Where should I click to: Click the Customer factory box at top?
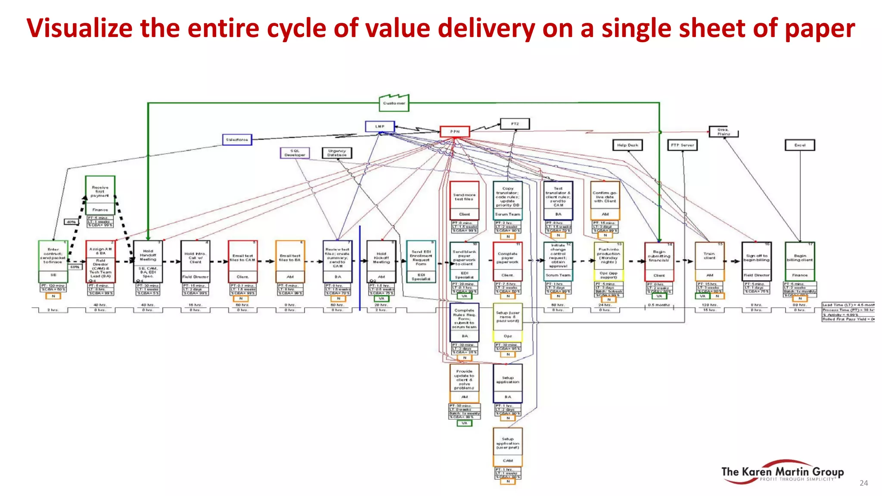(x=394, y=103)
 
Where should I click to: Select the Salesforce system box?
(x=237, y=139)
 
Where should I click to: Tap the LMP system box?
(x=379, y=126)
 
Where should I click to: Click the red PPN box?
(x=455, y=131)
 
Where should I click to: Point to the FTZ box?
(x=515, y=124)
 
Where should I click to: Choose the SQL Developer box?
(x=295, y=153)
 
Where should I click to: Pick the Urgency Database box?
(x=337, y=153)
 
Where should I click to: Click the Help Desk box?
(x=627, y=145)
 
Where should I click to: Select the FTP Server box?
(x=682, y=145)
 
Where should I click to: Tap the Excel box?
(x=800, y=145)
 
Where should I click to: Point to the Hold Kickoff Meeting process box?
(x=381, y=258)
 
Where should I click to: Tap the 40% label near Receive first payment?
(x=71, y=222)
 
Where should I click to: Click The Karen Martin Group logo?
(x=782, y=472)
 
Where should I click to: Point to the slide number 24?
(x=863, y=483)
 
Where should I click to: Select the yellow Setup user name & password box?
(x=508, y=317)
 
